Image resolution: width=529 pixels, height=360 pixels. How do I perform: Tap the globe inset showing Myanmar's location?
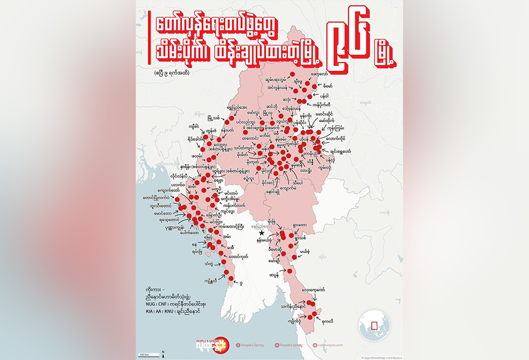coord(374,325)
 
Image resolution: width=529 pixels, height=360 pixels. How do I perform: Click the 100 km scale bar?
coord(145,355)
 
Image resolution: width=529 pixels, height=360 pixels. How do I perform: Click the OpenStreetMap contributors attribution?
coord(382,357)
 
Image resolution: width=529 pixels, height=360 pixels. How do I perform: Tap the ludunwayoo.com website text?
coord(330,345)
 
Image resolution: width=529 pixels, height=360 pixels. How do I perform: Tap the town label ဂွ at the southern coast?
coord(242,283)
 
